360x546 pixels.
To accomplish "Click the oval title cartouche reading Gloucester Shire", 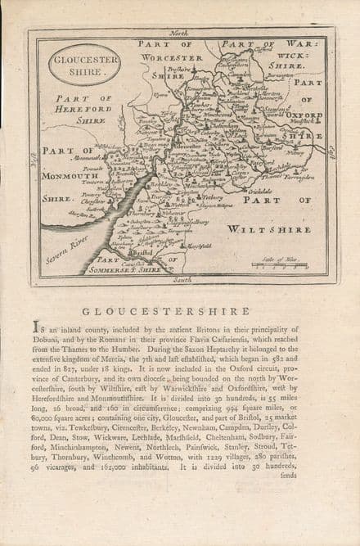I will coord(83,65).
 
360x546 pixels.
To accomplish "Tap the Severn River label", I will coord(68,249).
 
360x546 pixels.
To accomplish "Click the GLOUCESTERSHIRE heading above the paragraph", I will coord(165,311).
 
